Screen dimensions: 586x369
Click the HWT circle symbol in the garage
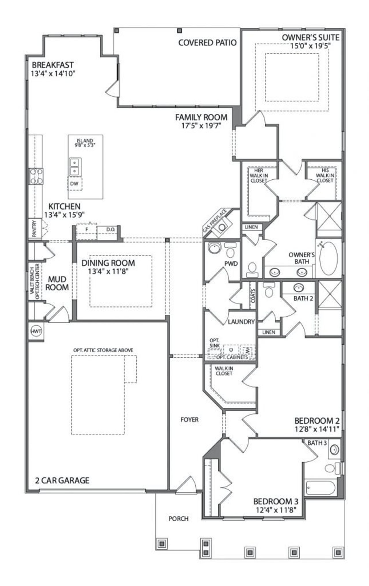point(36,331)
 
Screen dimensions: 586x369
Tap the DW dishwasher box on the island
point(74,184)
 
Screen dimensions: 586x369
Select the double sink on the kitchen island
point(75,167)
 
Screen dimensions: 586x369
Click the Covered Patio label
point(207,43)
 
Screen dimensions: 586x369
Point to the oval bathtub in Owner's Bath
point(329,258)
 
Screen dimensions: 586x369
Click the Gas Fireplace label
point(214,221)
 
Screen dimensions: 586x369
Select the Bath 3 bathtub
point(321,488)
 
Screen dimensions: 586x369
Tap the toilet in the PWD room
point(230,252)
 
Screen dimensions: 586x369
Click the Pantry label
point(34,228)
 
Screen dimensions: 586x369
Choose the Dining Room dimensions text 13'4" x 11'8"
point(108,271)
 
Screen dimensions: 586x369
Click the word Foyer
point(189,420)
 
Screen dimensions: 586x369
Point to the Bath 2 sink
point(298,288)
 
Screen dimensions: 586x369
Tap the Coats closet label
point(253,296)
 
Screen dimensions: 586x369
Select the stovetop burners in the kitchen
point(36,176)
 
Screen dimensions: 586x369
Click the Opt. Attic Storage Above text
point(103,350)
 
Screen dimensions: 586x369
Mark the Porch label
point(178,519)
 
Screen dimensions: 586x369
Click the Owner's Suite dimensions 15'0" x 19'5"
point(310,45)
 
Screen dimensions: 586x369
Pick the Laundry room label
point(241,322)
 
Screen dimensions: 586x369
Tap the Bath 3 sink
point(334,450)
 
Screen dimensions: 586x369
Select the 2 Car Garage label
point(62,480)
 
